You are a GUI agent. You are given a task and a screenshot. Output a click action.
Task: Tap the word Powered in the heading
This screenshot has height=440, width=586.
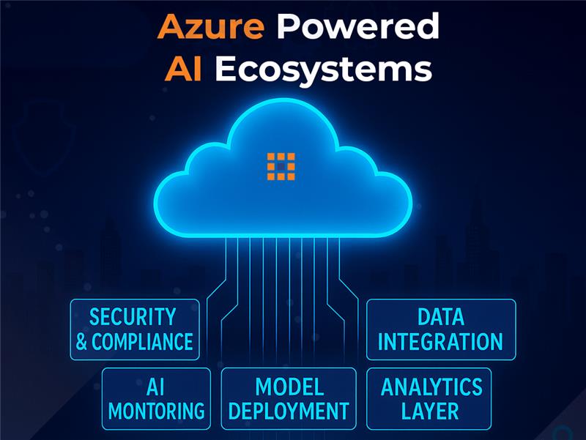[x=359, y=28]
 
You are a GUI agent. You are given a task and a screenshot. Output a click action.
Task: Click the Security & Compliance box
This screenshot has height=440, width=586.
[x=135, y=329]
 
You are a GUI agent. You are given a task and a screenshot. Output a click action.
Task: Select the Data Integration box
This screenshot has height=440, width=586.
[x=440, y=329]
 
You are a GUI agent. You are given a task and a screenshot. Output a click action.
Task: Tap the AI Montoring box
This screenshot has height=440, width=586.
[x=155, y=398]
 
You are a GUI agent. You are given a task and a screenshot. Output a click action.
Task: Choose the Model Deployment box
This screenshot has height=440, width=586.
[x=289, y=398]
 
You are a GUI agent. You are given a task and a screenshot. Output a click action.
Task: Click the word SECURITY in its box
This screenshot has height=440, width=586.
[x=133, y=317]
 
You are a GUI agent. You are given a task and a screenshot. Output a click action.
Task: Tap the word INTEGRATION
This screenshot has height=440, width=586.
[x=440, y=341]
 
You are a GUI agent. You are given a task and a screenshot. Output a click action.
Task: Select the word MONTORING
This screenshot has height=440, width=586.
[x=155, y=410]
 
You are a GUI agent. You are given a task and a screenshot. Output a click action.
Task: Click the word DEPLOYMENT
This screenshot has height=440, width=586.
[x=289, y=410]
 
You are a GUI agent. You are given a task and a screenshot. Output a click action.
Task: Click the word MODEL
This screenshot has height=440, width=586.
[x=289, y=386]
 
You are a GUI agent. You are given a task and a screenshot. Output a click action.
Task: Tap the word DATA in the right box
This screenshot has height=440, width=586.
[x=440, y=317]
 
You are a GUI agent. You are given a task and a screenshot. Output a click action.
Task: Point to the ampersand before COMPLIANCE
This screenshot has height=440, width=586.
[x=82, y=342]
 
